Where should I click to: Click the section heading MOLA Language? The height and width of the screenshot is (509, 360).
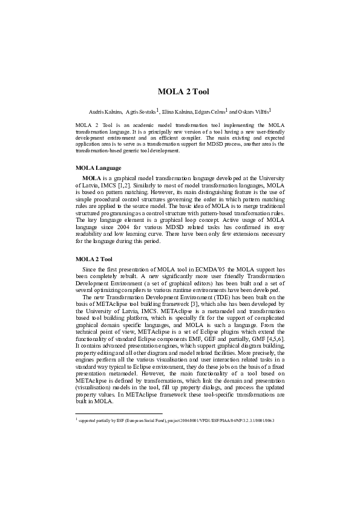click(99, 167)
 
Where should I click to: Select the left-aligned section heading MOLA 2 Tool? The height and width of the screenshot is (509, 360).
click(94, 276)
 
